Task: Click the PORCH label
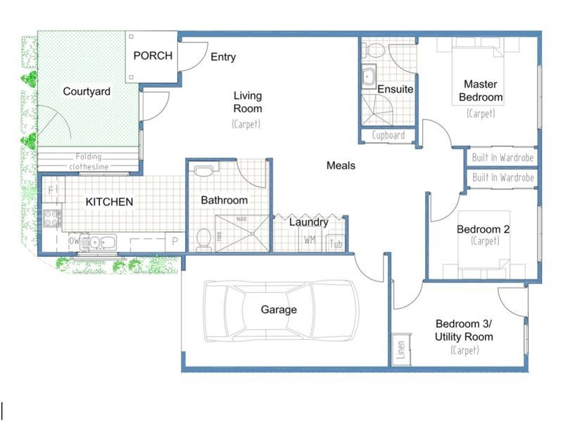(152, 56)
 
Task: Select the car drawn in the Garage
(281, 310)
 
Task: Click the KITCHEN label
(109, 202)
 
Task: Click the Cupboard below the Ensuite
(388, 135)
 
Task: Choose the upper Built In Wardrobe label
(502, 158)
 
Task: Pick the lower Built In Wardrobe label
(502, 179)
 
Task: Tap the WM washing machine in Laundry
(310, 241)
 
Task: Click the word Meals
(341, 166)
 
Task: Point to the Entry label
(223, 57)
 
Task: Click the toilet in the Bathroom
(203, 239)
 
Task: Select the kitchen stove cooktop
(53, 217)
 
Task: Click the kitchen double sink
(101, 243)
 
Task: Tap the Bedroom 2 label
(483, 229)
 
